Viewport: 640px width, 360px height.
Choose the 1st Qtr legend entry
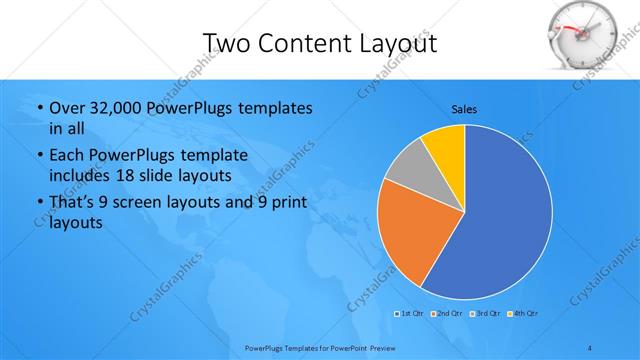pos(409,314)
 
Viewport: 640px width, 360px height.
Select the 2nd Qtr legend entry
pos(447,314)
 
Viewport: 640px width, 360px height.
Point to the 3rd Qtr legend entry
pos(485,314)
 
